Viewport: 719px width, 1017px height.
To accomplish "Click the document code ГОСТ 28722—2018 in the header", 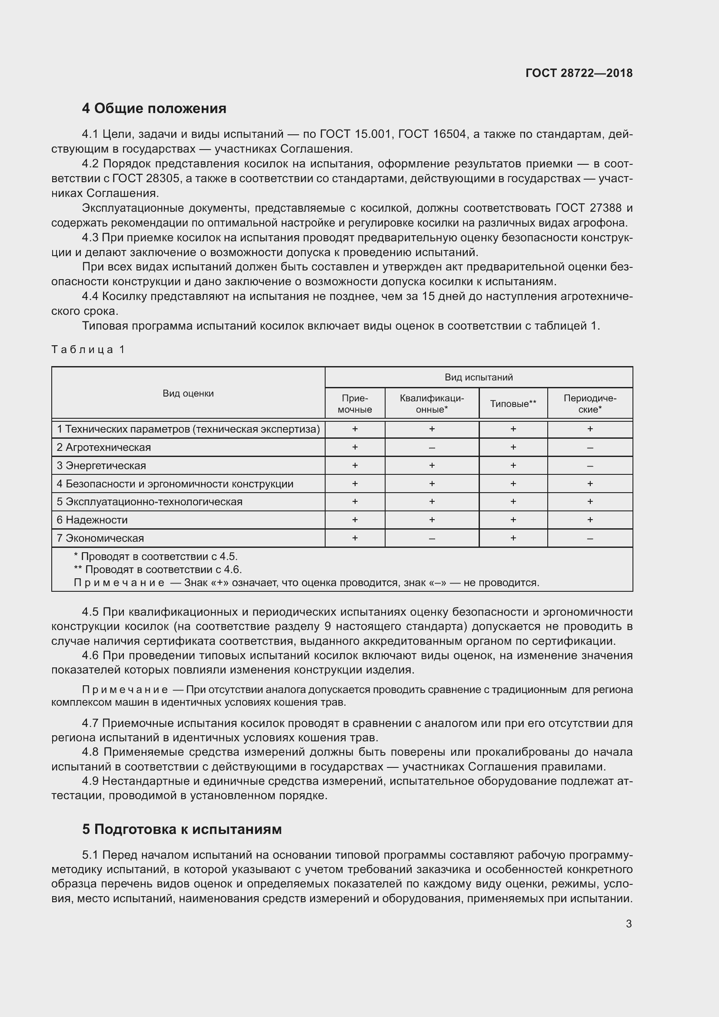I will [x=579, y=73].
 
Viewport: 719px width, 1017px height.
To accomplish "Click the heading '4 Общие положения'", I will [x=153, y=109].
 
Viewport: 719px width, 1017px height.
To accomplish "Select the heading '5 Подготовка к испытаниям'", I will [x=182, y=829].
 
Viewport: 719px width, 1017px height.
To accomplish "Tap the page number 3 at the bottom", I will [x=629, y=924].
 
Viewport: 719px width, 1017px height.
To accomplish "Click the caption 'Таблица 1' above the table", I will [x=88, y=350].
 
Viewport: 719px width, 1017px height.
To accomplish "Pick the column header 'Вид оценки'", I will [x=188, y=393].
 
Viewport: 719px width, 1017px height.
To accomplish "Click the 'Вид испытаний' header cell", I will [x=479, y=377].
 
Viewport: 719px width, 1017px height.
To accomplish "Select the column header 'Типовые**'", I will [x=513, y=403].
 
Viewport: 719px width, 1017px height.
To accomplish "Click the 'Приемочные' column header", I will [x=355, y=403].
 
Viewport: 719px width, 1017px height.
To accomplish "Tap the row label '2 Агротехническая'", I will [x=103, y=447].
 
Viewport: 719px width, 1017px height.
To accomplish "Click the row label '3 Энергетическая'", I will [x=101, y=466].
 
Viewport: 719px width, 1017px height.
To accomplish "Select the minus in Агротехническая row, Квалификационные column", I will [x=432, y=448].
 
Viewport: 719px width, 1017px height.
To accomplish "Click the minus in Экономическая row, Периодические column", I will [x=590, y=539].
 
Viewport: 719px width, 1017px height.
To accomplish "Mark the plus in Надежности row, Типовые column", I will [x=513, y=520].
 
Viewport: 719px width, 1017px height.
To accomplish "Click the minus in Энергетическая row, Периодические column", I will [x=590, y=466].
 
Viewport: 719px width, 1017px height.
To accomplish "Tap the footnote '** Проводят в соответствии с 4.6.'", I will [x=158, y=570].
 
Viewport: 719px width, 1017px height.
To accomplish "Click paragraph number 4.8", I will [x=91, y=752].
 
